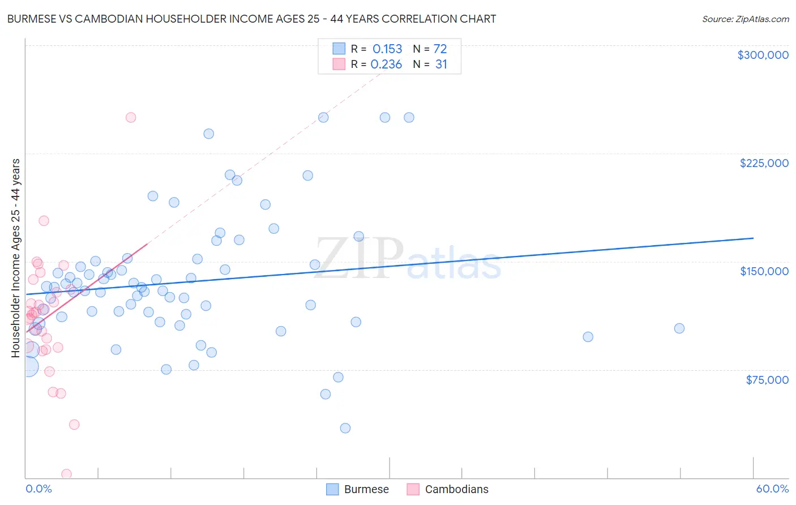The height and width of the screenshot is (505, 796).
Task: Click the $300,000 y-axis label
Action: click(763, 55)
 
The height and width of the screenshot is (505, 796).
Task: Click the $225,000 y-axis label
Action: click(764, 163)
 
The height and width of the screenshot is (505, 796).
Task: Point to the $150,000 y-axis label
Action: click(764, 271)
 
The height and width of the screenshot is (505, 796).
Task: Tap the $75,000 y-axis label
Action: click(767, 380)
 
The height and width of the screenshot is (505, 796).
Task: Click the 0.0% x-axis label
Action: click(38, 489)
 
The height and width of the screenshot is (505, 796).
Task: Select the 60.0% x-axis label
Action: click(772, 489)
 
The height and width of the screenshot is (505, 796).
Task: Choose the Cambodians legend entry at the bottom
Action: click(448, 489)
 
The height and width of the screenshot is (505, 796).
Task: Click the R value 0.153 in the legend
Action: click(387, 49)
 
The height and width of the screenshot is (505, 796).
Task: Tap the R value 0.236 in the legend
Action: click(386, 65)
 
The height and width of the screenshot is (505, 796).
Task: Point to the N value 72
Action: click(440, 49)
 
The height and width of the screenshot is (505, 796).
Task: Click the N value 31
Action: click(441, 65)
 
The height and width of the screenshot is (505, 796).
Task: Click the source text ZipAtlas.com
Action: click(745, 19)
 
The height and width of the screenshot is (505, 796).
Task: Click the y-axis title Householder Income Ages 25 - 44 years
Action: click(16, 258)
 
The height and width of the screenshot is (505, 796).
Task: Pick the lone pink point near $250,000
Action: click(131, 118)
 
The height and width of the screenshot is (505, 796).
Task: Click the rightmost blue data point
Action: click(679, 328)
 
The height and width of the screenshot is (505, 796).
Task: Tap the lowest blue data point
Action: click(345, 428)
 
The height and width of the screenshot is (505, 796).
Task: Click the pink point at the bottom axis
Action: click(66, 474)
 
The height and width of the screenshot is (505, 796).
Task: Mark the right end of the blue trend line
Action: click(753, 238)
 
